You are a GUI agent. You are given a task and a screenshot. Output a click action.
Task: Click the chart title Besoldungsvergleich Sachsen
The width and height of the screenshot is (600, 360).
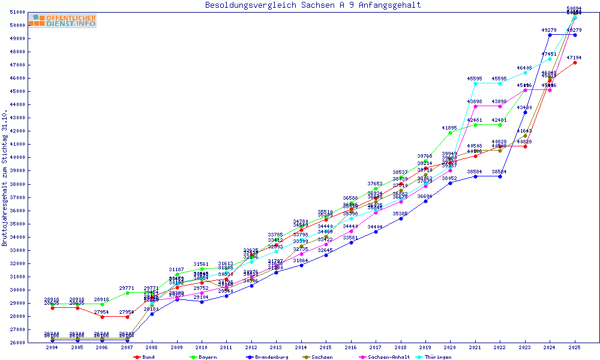[313, 5]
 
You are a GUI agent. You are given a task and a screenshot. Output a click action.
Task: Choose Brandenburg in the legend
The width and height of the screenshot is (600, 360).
[268, 357]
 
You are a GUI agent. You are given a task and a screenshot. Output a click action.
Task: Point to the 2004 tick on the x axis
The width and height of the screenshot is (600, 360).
[52, 347]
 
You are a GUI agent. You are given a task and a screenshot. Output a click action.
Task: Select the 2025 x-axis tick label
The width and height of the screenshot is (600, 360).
[575, 347]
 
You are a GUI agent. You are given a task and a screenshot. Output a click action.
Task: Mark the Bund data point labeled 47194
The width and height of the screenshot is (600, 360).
[575, 62]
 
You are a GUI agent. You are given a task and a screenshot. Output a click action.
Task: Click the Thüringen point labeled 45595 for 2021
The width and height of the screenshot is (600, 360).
[475, 83]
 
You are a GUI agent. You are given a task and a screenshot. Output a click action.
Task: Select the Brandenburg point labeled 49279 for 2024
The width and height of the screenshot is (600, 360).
[550, 35]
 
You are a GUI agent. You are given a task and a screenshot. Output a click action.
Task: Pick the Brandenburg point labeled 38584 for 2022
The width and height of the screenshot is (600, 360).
[500, 176]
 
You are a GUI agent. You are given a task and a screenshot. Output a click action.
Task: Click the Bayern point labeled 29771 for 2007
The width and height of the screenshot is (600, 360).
[127, 293]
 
